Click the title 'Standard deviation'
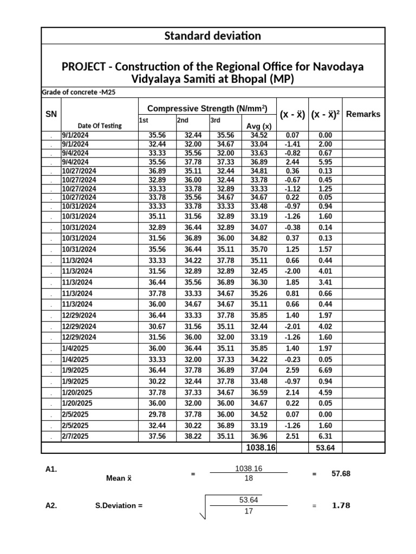pyautogui.click(x=212, y=36)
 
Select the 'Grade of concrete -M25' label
pyautogui.click(x=79, y=93)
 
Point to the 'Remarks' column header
pyautogui.click(x=363, y=114)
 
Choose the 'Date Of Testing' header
pyautogui.click(x=100, y=126)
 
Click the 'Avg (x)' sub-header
pyautogui.click(x=259, y=126)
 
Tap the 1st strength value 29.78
pyautogui.click(x=157, y=414)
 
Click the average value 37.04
pyautogui.click(x=259, y=371)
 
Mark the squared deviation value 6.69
pyautogui.click(x=325, y=371)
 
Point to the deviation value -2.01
pyautogui.click(x=292, y=326)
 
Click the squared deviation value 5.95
pyautogui.click(x=325, y=162)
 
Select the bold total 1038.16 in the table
pyautogui.click(x=261, y=447)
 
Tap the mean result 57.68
pyautogui.click(x=341, y=473)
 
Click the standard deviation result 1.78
pyautogui.click(x=341, y=506)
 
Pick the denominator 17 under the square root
pyautogui.click(x=249, y=512)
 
